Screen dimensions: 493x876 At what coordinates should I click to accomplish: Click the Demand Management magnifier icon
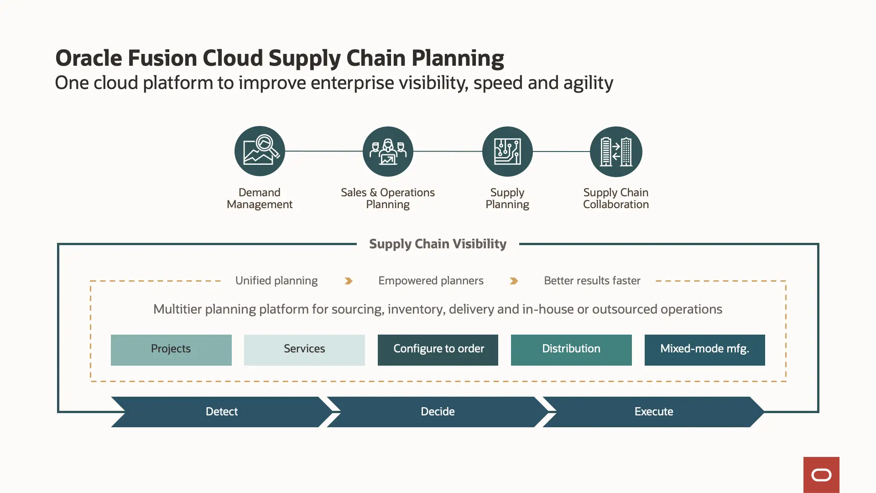260,151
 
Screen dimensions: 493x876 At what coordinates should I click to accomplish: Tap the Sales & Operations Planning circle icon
388,152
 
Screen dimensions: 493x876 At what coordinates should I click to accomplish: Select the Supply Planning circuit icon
507,152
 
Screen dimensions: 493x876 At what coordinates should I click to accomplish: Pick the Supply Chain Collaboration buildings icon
616,152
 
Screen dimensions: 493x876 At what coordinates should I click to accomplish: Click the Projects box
171,350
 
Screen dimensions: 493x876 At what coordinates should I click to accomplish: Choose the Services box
304,350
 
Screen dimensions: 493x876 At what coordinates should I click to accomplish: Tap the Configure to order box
438,350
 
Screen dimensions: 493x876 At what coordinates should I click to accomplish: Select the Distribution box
571,350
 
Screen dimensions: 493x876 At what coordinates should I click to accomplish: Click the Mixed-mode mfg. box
704,350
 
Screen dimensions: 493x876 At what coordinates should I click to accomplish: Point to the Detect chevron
222,412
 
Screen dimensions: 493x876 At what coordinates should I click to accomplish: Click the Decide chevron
438,412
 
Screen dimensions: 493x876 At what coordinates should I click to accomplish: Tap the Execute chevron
653,412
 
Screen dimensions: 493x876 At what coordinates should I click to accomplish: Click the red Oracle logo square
821,475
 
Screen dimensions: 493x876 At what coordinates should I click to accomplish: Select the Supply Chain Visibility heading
438,244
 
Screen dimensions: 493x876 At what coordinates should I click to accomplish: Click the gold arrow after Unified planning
349,281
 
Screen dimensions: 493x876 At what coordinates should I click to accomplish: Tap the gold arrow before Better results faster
514,281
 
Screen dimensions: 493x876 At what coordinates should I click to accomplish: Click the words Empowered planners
431,280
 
